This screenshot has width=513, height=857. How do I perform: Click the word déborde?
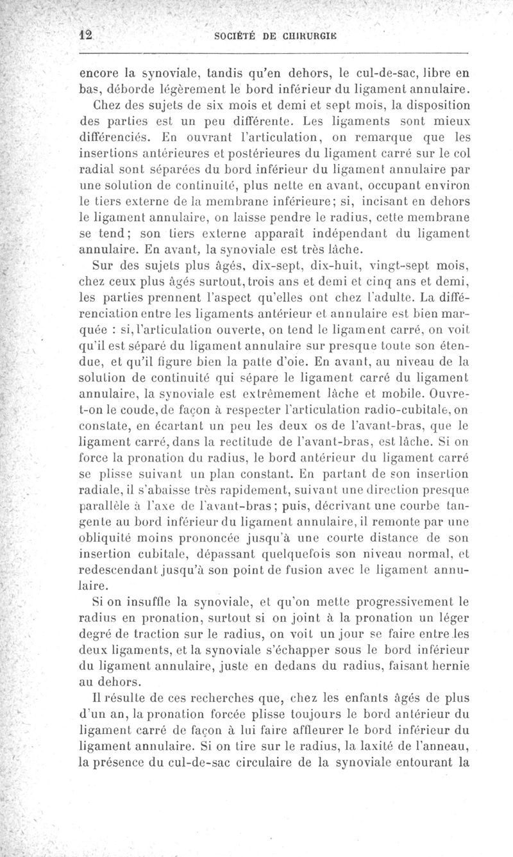coord(124,88)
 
